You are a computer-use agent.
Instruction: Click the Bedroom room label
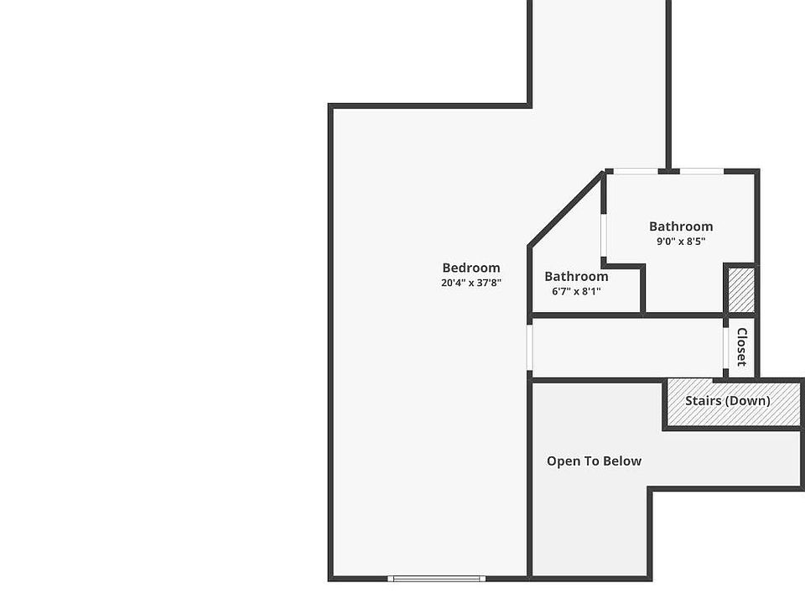click(471, 268)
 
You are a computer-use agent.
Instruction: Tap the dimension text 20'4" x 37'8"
click(471, 284)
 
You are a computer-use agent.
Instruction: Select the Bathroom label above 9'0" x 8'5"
click(681, 226)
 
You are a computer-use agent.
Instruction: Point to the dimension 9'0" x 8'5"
click(681, 242)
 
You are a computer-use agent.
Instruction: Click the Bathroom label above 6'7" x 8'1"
click(576, 277)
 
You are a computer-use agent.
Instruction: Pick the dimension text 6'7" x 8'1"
click(576, 292)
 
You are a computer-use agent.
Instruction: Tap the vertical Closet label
click(741, 346)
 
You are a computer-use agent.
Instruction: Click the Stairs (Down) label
click(727, 401)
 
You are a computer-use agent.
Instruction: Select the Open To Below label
click(594, 461)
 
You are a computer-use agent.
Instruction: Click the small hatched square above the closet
click(741, 290)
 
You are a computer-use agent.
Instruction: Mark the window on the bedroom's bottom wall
click(436, 578)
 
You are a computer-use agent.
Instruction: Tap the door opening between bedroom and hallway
click(530, 347)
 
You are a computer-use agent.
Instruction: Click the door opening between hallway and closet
click(726, 346)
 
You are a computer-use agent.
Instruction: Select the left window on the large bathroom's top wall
click(635, 172)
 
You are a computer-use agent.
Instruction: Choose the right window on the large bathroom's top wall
click(701, 172)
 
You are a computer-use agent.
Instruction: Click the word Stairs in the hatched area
click(702, 401)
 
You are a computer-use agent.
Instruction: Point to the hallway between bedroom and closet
click(627, 347)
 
